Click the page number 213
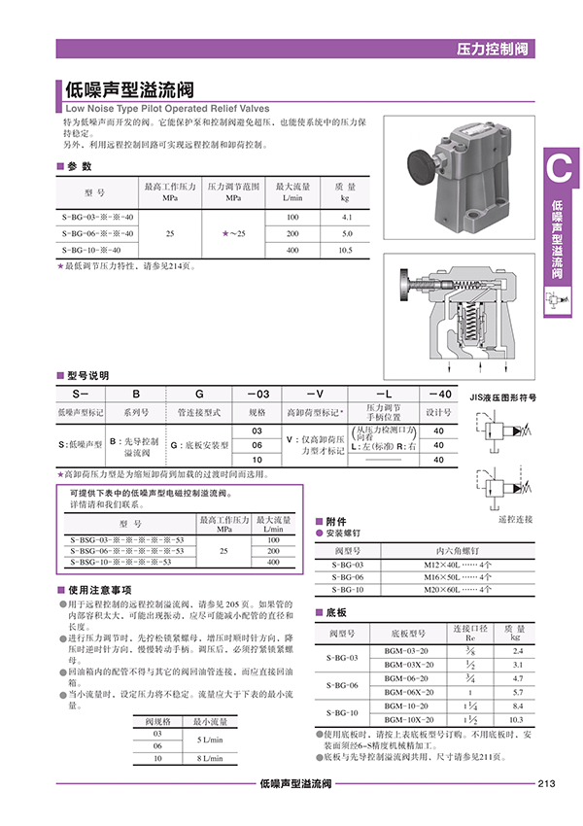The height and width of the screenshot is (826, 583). [x=545, y=784]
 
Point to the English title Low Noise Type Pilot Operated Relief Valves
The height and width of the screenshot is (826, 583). [x=166, y=110]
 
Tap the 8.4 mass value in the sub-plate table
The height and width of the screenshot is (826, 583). [x=517, y=706]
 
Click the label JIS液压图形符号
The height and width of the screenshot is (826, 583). [x=503, y=397]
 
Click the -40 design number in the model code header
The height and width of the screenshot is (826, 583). [x=438, y=394]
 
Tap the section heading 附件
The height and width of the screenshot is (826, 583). [x=335, y=521]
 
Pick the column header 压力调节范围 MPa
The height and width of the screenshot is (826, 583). [x=233, y=190]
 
